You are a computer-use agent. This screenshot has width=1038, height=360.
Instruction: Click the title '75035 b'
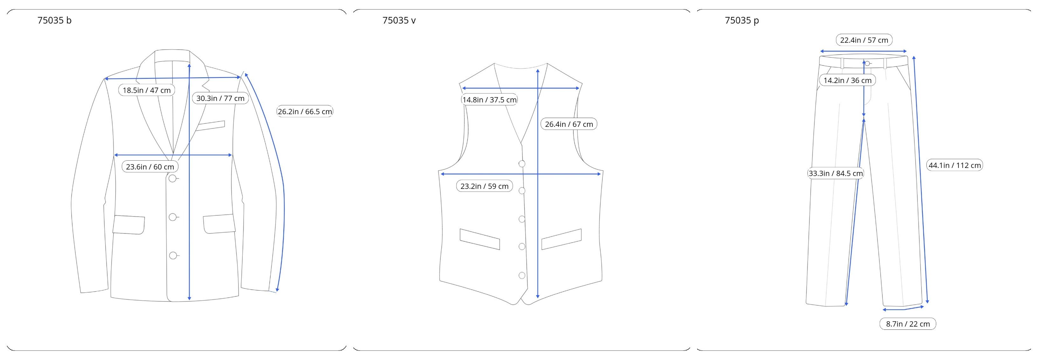[54, 21]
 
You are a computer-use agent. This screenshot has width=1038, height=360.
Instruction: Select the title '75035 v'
[399, 21]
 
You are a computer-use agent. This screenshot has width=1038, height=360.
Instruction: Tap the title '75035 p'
[742, 21]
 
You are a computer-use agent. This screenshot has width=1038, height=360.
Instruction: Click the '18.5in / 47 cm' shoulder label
[147, 90]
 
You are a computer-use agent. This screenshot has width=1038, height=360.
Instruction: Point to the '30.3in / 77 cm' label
[220, 98]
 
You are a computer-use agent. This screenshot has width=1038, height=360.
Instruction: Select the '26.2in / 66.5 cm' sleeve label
[305, 112]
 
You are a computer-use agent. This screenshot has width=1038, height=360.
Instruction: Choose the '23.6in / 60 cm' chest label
[150, 167]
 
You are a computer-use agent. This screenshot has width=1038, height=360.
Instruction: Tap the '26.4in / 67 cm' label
[569, 124]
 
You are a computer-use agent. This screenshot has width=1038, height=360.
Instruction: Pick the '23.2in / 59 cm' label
[484, 186]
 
